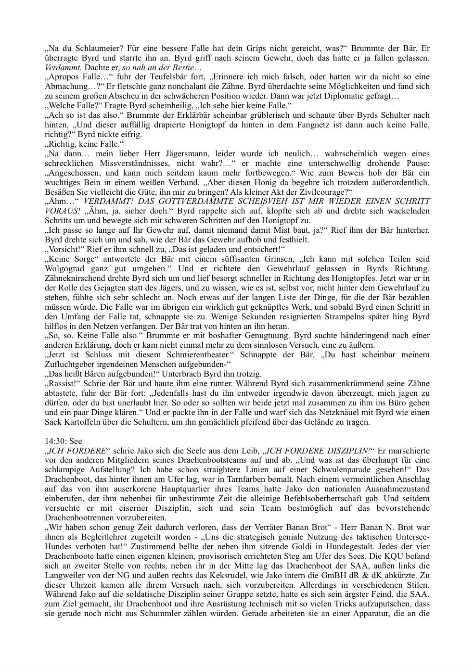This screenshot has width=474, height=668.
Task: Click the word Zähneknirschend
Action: pos(73,278)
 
